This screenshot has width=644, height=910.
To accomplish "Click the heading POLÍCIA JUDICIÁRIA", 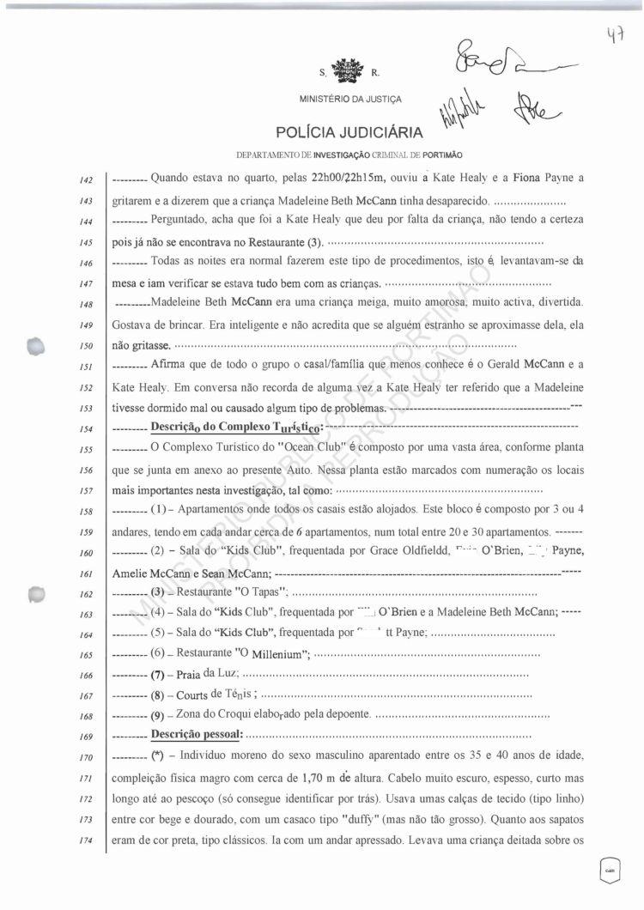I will pos(349,132).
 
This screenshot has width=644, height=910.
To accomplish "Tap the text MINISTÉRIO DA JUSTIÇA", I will pos(349,100).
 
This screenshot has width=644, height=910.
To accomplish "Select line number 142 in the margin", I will pos(84,180).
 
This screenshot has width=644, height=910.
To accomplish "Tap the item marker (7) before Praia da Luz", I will pos(163,673).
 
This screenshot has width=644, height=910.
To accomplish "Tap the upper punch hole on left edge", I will pos(34,345).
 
